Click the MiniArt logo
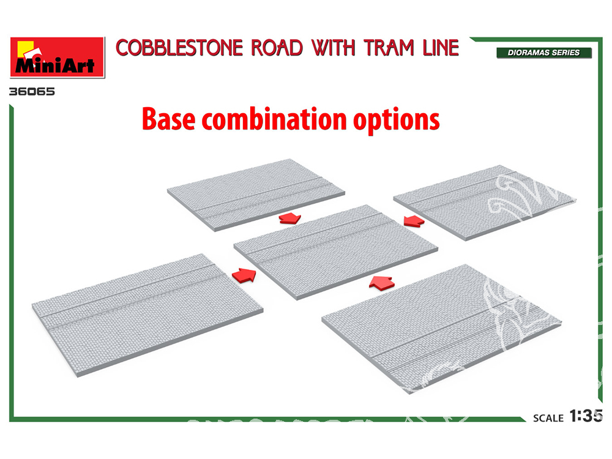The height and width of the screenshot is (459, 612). click(58, 57)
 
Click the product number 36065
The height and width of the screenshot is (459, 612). click(32, 92)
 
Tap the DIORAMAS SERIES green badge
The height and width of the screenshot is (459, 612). click(544, 53)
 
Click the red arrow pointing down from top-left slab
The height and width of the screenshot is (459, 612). click(288, 218)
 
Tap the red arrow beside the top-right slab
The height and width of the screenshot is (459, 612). click(414, 220)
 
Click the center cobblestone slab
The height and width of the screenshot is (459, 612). click(336, 250)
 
